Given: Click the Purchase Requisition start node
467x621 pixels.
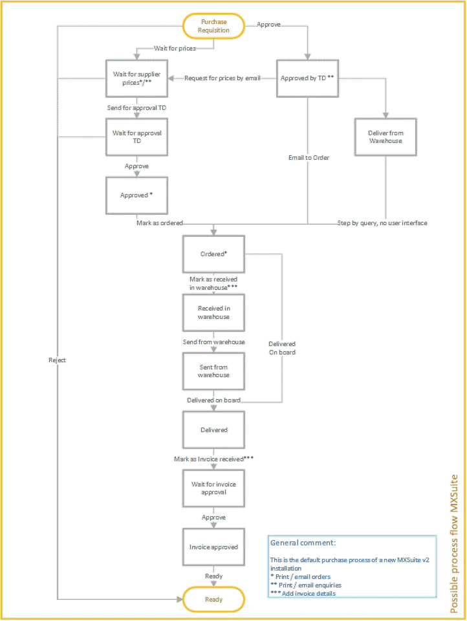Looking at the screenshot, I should (x=213, y=27).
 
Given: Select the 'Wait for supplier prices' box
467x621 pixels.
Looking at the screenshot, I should (x=136, y=78).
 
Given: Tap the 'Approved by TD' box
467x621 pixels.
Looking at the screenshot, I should (x=308, y=78).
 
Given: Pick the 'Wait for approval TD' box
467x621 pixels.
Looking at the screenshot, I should (x=136, y=136).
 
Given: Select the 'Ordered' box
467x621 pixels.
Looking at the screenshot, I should (x=213, y=254).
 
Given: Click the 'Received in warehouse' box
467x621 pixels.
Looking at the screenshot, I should (x=213, y=312).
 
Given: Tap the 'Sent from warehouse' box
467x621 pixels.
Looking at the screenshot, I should (x=213, y=371).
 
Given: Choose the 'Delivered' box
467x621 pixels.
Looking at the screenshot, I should (x=213, y=430).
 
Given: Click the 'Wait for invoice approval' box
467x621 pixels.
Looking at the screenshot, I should (x=213, y=488).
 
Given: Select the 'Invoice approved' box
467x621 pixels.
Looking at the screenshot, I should (x=213, y=547).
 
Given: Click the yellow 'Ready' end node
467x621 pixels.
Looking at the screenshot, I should (x=213, y=600).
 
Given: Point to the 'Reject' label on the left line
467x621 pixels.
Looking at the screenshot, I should (x=57, y=360).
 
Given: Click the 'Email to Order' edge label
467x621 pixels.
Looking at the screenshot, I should (x=308, y=157).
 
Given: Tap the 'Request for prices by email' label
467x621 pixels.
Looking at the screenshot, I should (x=223, y=78).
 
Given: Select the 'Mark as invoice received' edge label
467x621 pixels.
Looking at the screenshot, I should (x=213, y=459).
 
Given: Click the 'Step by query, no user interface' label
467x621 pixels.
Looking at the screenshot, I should (x=382, y=223).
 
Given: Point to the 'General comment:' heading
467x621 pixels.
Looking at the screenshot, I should (x=302, y=543).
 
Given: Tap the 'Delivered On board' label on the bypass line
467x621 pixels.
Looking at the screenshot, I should (x=282, y=348).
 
